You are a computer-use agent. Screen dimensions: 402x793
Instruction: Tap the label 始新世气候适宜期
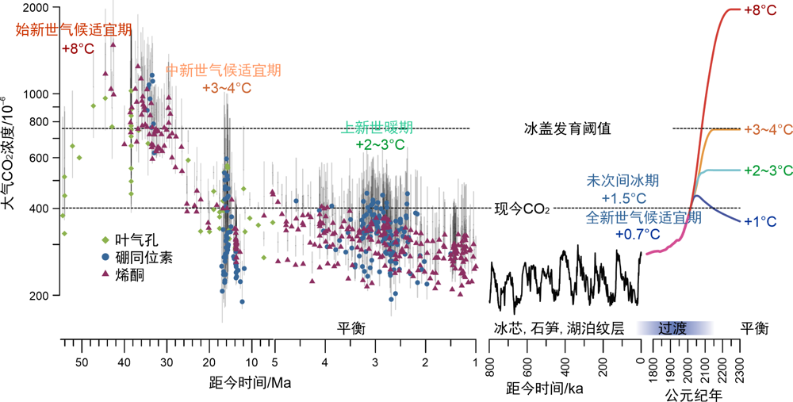pyautogui.click(x=75, y=30)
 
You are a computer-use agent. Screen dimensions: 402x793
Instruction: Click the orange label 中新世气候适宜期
pyautogui.click(x=223, y=70)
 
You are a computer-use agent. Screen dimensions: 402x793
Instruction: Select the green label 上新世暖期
pyautogui.click(x=377, y=127)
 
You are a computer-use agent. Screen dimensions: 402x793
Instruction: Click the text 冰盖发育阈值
pyautogui.click(x=567, y=128)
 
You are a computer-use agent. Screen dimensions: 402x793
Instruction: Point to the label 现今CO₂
pyautogui.click(x=522, y=209)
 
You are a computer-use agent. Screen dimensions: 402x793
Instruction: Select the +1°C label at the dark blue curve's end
pyautogui.click(x=760, y=221)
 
